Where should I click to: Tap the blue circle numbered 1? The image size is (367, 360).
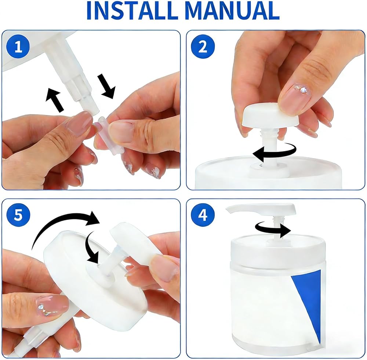click(18, 47)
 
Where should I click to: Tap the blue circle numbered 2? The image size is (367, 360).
click(203, 47)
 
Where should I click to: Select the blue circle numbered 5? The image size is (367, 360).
click(18, 215)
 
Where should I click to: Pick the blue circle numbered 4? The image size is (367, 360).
click(203, 215)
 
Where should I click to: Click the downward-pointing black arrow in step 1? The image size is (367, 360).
click(106, 86)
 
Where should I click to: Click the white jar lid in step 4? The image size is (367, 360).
click(278, 249)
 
